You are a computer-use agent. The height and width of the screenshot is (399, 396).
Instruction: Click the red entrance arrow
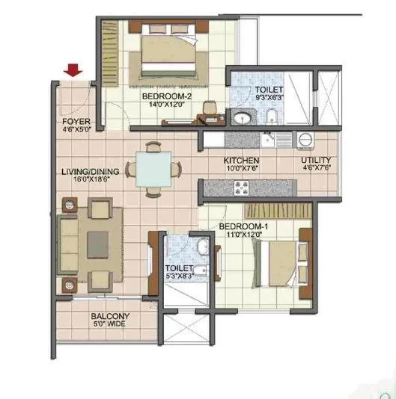tap(73, 71)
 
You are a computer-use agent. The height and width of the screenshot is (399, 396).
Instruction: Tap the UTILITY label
tap(317, 161)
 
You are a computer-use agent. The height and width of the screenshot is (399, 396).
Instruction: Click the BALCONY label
tap(110, 316)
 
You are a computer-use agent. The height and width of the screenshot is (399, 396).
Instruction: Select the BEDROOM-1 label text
tap(243, 226)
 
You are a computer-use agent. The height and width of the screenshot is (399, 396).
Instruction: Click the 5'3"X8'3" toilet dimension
tap(180, 277)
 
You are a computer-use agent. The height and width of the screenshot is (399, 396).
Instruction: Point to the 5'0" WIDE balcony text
tap(110, 324)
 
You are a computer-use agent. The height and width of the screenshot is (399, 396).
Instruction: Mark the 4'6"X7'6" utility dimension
tap(317, 170)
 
